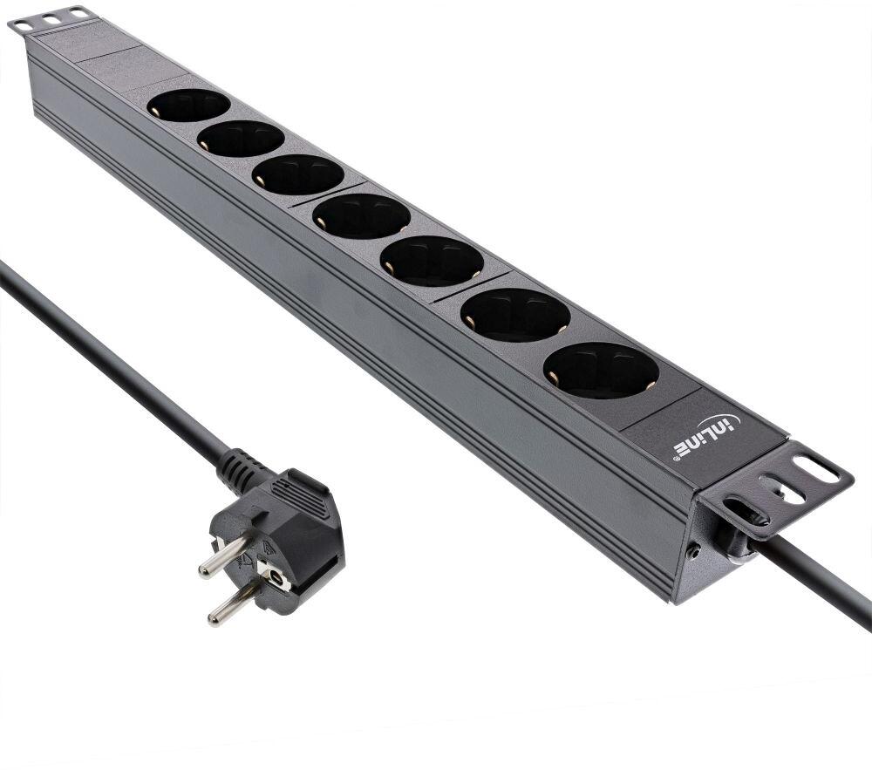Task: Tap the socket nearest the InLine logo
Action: click(x=601, y=370)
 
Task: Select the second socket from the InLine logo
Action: click(x=515, y=315)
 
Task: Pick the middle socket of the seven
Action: click(x=362, y=216)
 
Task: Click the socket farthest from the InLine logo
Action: click(x=188, y=105)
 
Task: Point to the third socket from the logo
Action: click(x=433, y=262)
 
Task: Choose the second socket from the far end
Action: click(x=241, y=139)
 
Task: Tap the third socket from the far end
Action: click(x=297, y=174)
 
